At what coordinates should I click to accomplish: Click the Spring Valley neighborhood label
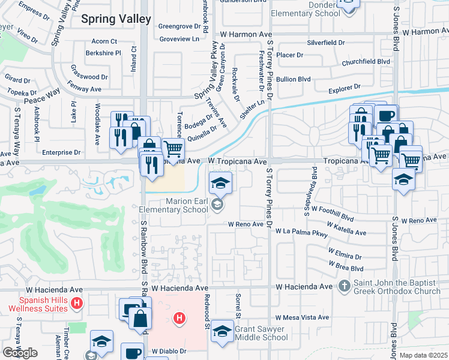(116, 19)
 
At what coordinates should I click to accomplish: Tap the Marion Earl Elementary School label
(173, 205)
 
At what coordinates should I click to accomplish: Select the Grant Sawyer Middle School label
(261, 333)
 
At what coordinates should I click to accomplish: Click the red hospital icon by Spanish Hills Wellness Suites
(76, 304)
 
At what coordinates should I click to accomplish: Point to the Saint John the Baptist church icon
(345, 286)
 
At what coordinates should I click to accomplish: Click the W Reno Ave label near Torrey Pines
(246, 224)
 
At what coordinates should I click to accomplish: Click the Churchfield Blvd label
(366, 61)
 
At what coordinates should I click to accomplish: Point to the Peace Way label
(42, 95)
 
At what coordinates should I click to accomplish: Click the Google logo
(20, 353)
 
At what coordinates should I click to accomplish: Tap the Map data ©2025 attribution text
(423, 355)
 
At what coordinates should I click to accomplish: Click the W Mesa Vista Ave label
(302, 317)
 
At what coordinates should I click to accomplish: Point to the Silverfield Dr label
(326, 43)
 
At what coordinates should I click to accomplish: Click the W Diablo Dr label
(169, 351)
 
